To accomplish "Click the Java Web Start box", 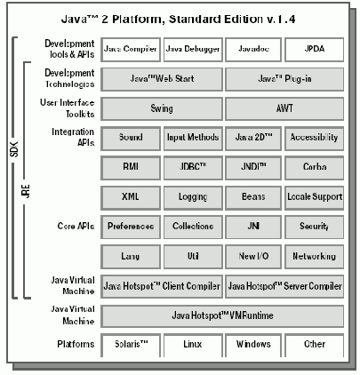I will [162, 79].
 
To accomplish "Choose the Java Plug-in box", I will [284, 79].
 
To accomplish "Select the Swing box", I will [162, 108].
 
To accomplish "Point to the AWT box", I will [284, 108].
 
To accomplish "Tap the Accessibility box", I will [315, 138].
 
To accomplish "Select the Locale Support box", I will [315, 196].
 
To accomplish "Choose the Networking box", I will [315, 256].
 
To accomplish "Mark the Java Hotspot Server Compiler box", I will [284, 285].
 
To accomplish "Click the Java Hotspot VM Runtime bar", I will [223, 315].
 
